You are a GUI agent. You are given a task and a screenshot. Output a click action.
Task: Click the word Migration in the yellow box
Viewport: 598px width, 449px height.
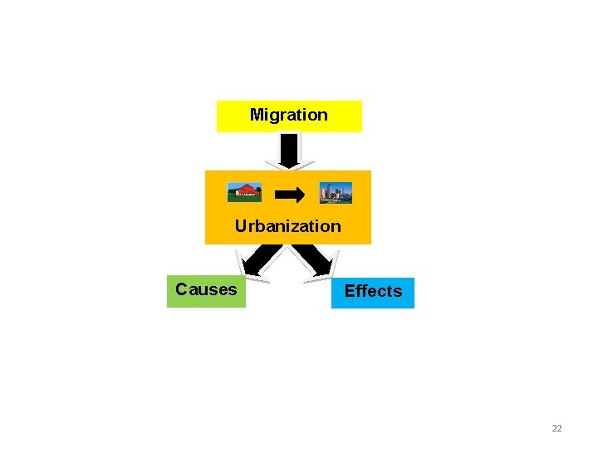[288, 116]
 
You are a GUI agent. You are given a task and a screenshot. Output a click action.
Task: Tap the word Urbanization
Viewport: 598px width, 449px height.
[287, 226]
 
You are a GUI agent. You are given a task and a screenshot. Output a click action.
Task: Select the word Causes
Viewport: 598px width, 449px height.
[206, 289]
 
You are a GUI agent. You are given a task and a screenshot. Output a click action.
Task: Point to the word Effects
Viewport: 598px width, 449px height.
[373, 291]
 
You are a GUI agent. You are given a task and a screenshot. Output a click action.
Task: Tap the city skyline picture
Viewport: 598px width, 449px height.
[336, 193]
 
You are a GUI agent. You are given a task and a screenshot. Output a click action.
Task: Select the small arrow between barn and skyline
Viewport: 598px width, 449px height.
[290, 195]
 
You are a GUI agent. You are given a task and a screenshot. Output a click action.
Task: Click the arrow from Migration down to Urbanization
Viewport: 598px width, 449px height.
[288, 152]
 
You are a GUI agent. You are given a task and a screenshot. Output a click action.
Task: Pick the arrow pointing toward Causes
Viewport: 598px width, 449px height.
[258, 260]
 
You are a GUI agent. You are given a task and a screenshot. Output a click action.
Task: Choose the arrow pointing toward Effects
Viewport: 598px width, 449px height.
[316, 260]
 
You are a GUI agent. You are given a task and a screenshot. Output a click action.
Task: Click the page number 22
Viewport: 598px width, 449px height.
[556, 428]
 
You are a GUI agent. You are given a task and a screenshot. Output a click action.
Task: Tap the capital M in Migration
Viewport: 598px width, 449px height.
[257, 116]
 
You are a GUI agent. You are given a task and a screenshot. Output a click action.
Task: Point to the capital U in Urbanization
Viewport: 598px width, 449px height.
[241, 226]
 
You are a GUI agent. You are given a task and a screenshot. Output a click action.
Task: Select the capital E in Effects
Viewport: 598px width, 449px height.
[350, 291]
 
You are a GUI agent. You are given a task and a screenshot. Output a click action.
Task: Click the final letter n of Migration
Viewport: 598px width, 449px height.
[323, 116]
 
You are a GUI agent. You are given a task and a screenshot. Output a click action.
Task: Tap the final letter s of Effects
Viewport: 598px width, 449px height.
[398, 291]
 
